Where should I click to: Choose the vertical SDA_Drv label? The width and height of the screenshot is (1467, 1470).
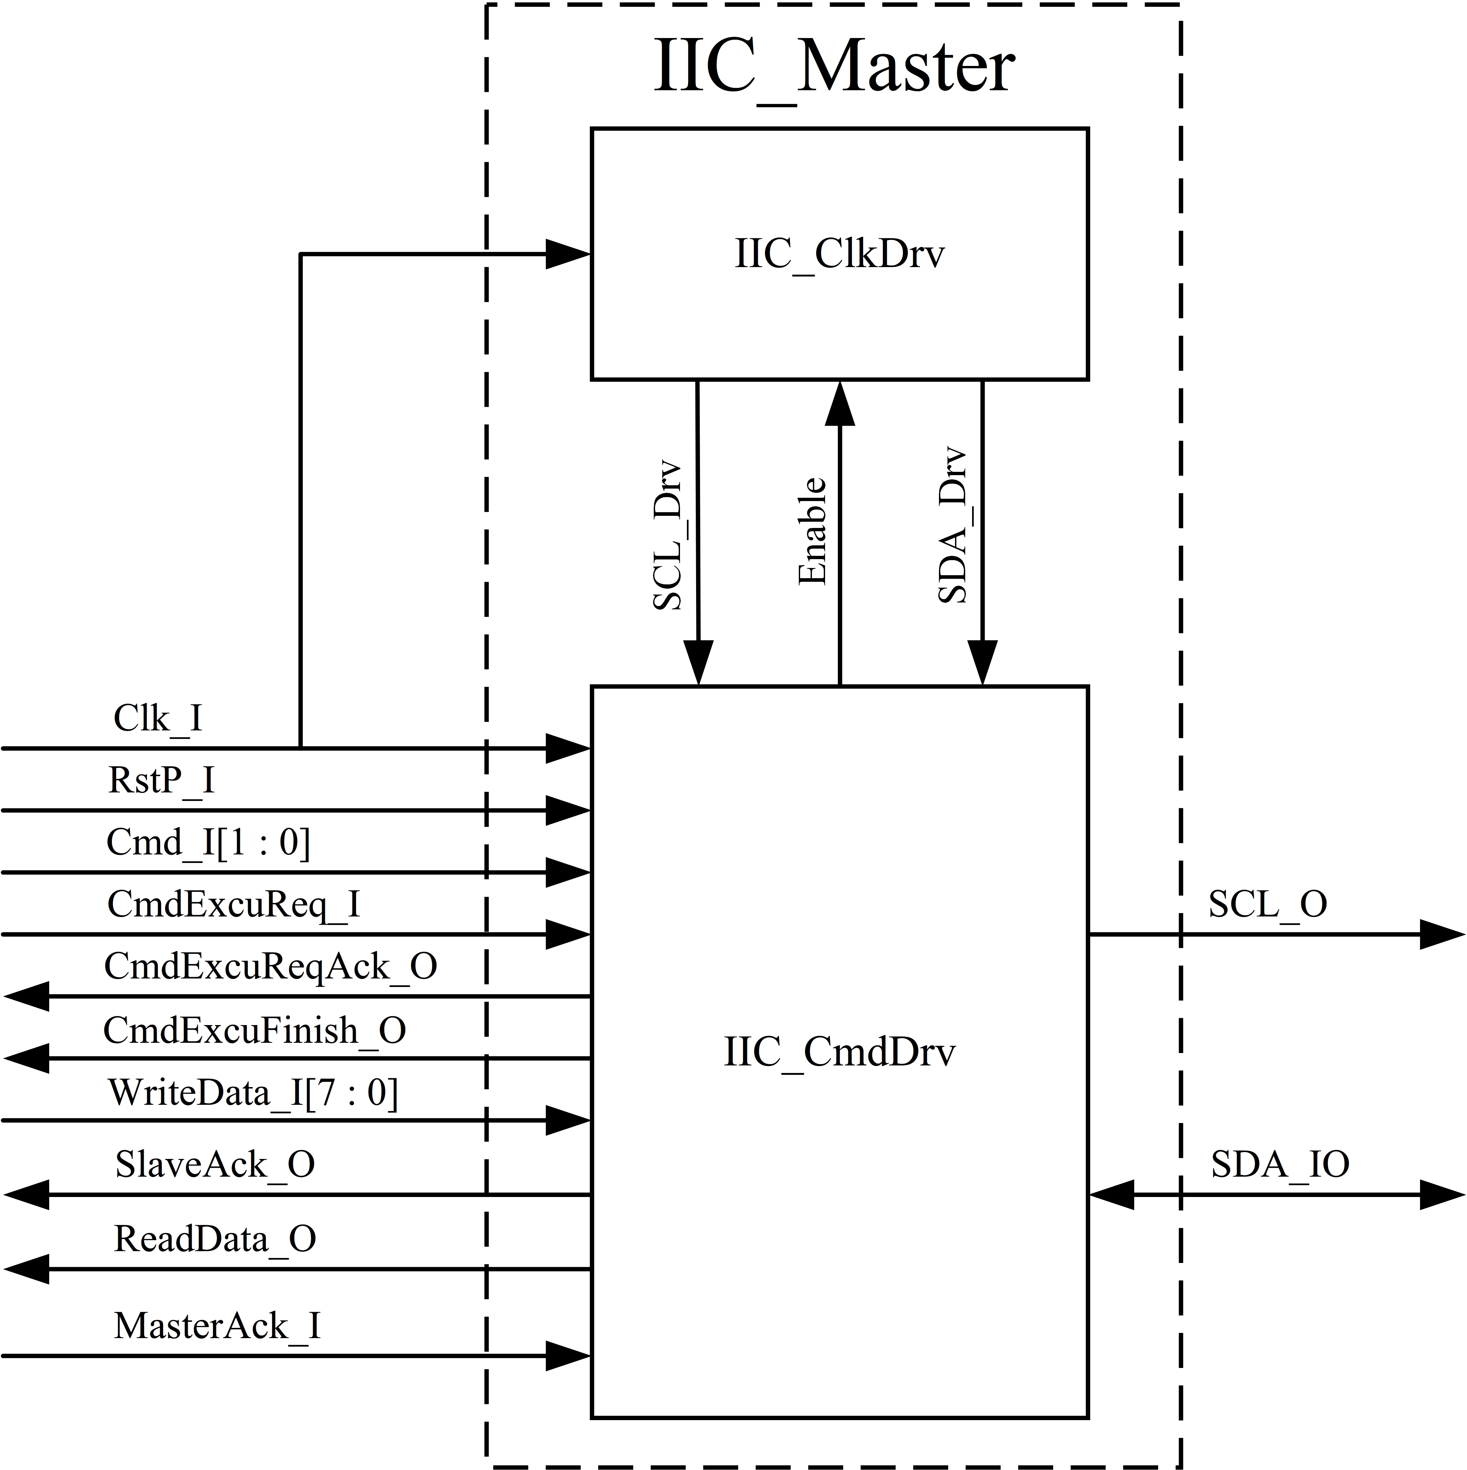[x=952, y=525]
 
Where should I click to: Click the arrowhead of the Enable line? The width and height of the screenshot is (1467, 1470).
[x=840, y=403]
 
